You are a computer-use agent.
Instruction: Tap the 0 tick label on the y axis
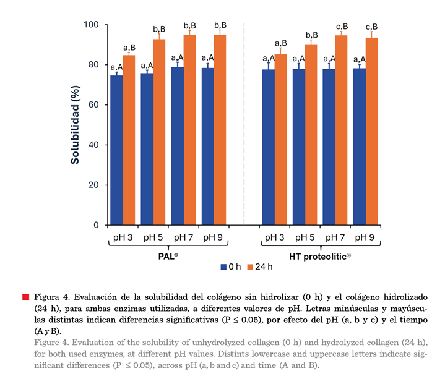point(97,225)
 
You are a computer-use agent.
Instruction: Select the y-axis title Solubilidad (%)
point(75,125)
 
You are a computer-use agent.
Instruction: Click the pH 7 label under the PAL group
point(183,237)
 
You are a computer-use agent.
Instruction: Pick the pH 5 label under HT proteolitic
point(305,237)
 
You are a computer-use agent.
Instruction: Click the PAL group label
point(168,255)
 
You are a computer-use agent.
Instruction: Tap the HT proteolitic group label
point(319,255)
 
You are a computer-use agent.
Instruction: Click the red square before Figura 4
point(25,297)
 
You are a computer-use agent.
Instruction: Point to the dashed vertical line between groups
point(244,124)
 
